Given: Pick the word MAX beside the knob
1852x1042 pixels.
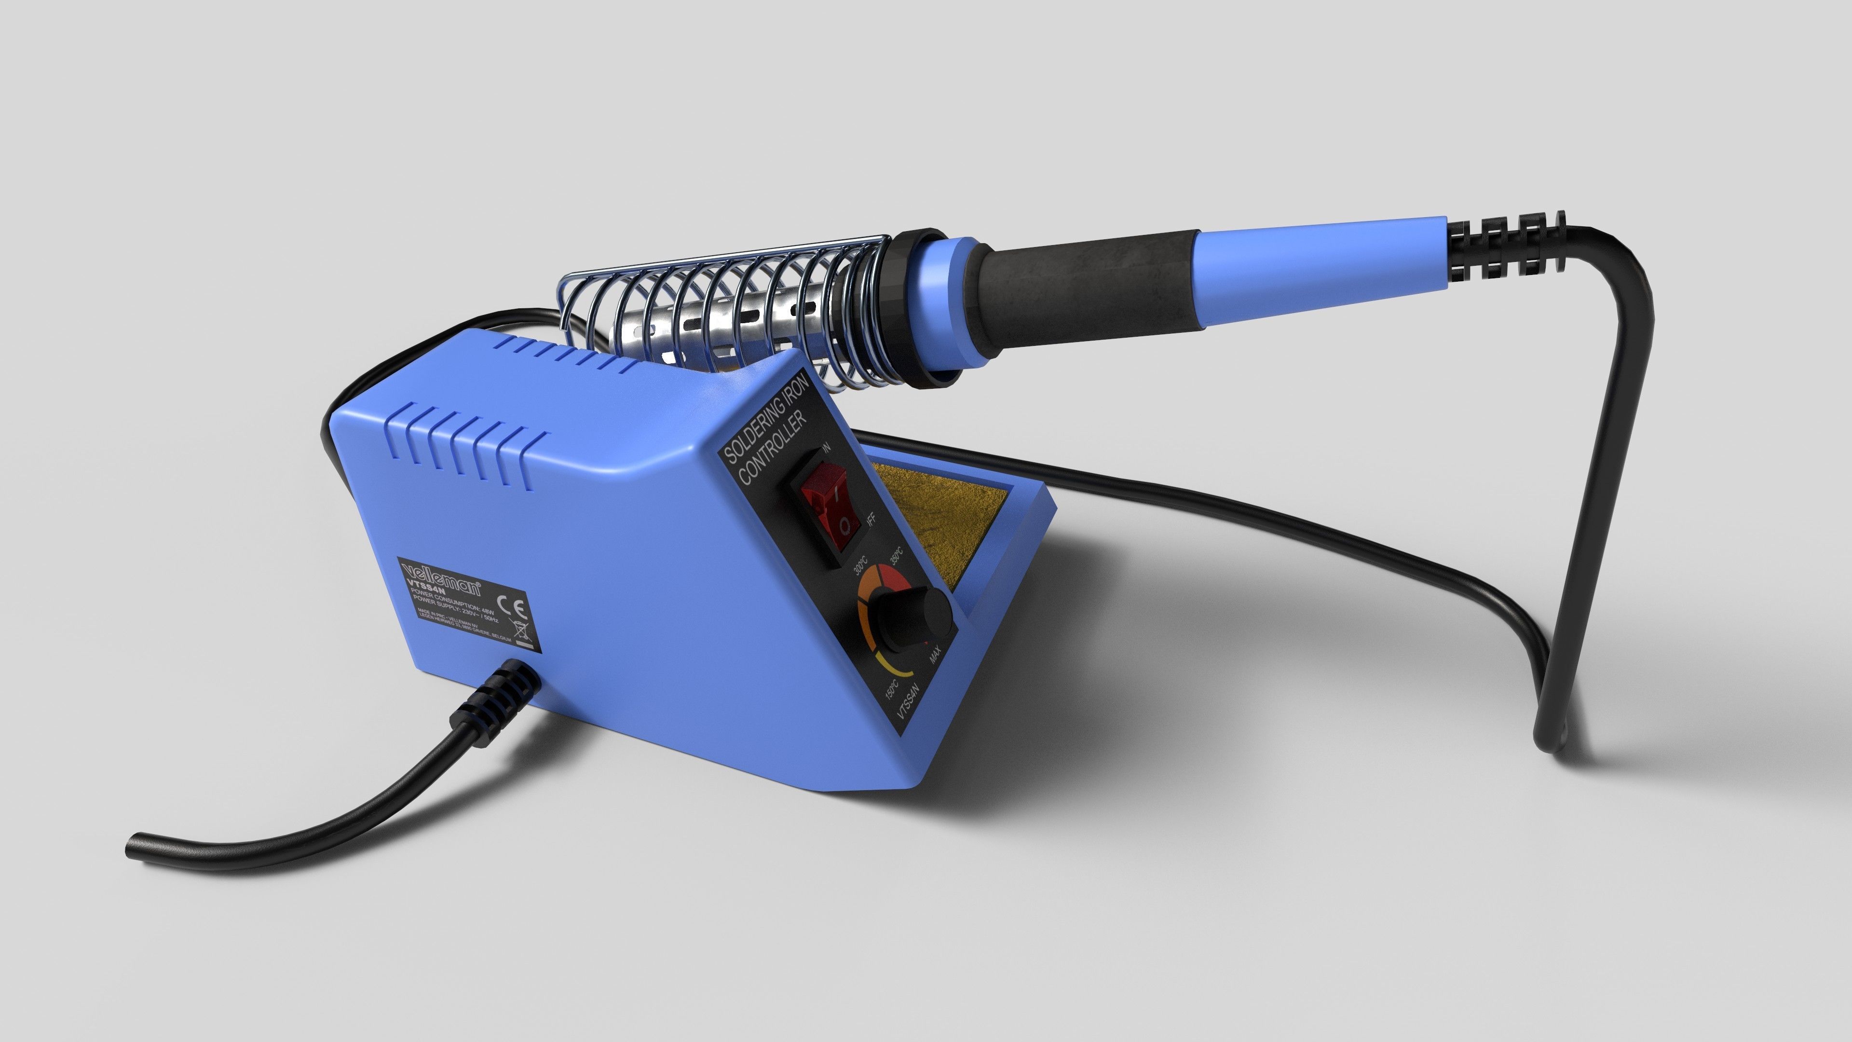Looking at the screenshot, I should coord(935,655).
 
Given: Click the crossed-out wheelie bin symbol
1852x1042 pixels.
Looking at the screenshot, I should coord(519,633).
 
